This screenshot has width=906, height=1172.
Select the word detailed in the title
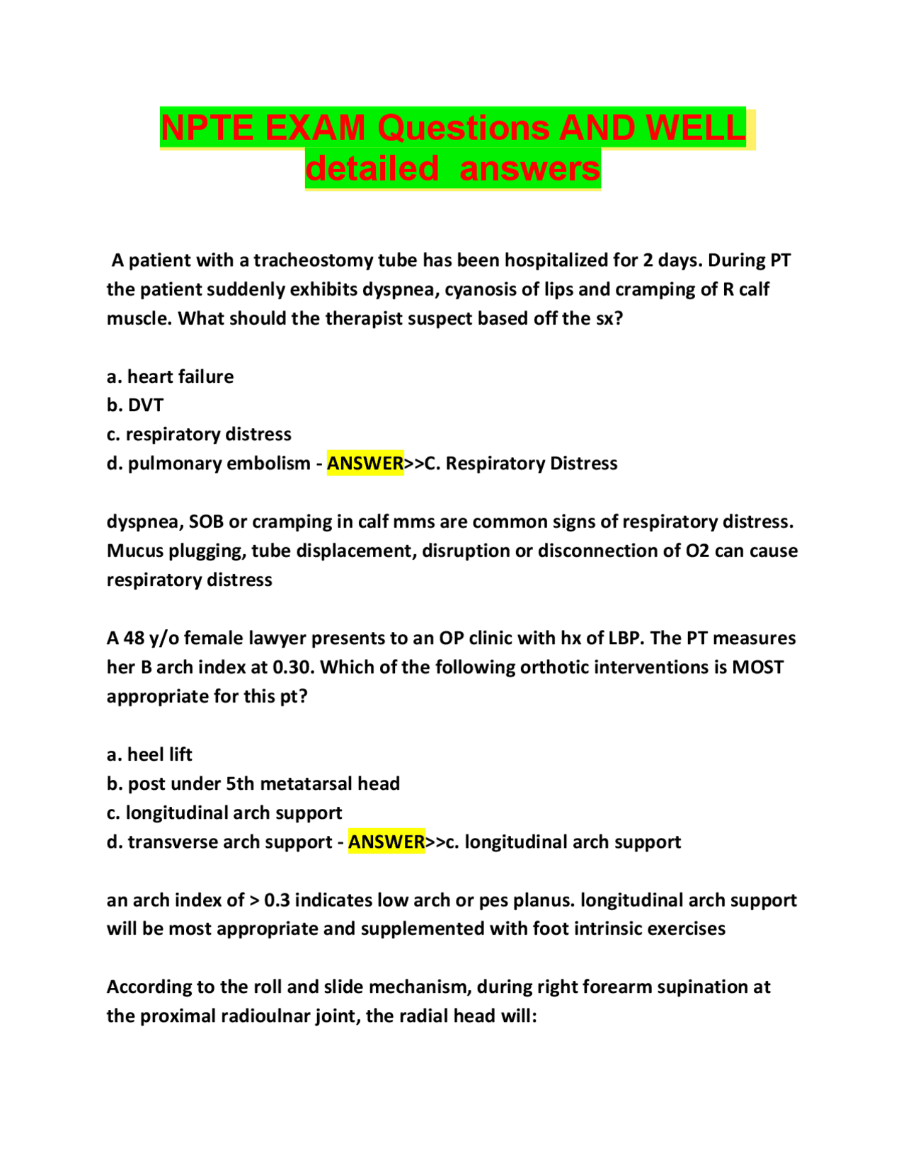tap(372, 169)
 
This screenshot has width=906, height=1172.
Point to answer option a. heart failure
tap(170, 377)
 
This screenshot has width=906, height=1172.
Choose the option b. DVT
tap(135, 406)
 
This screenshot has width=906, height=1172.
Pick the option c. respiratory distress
tap(199, 435)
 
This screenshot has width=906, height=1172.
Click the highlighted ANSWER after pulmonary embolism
tap(365, 464)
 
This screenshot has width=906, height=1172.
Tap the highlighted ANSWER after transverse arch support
tap(386, 842)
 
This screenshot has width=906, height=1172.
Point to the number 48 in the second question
tap(134, 638)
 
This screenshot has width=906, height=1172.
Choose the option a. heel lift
tap(149, 755)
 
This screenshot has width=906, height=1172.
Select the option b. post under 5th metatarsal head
tap(253, 784)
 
